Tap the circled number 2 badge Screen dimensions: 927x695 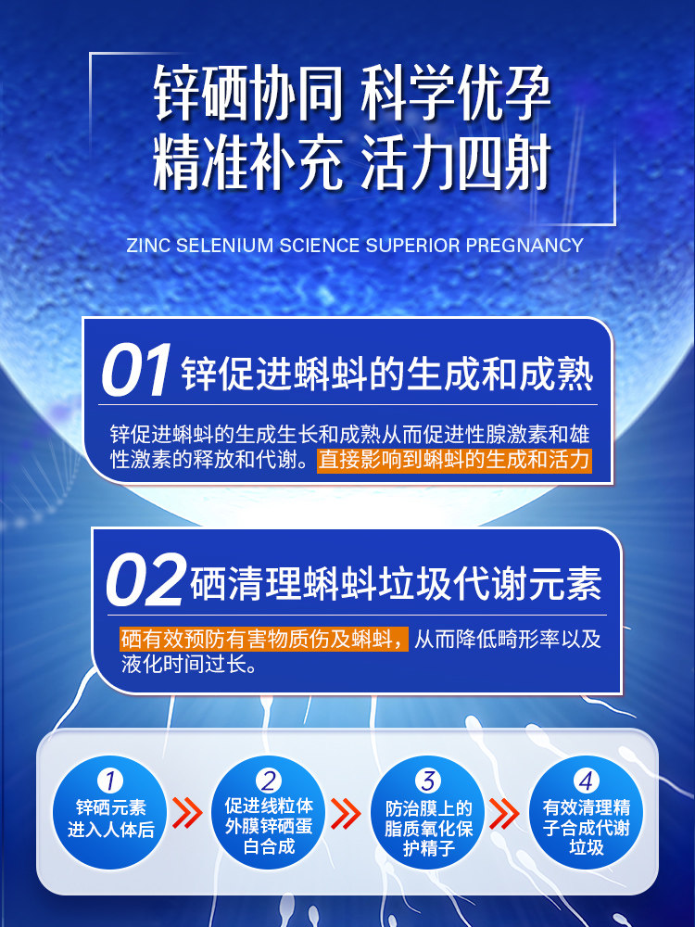click(269, 781)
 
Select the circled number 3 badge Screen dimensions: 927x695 click(428, 781)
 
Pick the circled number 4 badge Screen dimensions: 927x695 click(587, 781)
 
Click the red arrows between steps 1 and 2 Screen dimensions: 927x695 click(189, 814)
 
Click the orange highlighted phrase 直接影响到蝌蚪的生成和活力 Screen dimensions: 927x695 click(454, 460)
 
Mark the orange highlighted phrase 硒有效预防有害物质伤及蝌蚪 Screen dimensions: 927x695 click(264, 640)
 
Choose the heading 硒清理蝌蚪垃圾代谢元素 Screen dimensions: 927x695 click(396, 584)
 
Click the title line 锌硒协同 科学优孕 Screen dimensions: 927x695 click(352, 95)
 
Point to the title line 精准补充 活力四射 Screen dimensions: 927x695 click(352, 163)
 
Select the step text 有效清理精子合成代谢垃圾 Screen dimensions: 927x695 click(587, 827)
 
